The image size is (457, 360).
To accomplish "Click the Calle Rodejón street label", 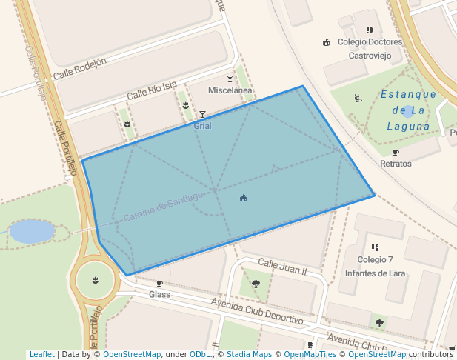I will pos(80,67).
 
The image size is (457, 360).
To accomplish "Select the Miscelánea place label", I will pos(230,90).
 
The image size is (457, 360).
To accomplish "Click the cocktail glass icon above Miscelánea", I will pos(230,79).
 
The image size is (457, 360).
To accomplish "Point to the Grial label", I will pos(202,126).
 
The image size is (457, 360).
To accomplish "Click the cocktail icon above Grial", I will pos(202,115).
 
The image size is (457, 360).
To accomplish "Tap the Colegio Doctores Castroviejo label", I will pos(370,48).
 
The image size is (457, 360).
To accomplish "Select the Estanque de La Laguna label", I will pos(408,110).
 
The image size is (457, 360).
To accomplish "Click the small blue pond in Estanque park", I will pos(407,112).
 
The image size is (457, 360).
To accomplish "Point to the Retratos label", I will pos(396,163).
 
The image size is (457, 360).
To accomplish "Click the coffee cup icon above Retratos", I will pos(396,153).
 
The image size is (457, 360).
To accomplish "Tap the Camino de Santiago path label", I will pos(163,206).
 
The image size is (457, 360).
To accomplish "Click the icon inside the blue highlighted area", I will pos(244,198).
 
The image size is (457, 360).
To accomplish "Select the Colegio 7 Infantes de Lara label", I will pos(375,266).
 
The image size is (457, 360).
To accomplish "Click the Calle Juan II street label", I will pos(281,266).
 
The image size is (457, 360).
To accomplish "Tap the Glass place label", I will pos(159,294).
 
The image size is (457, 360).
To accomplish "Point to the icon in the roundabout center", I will pos(95,279).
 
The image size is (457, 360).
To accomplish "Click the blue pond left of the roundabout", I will pos(32,231).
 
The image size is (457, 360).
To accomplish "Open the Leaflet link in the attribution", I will pos(41,355).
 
